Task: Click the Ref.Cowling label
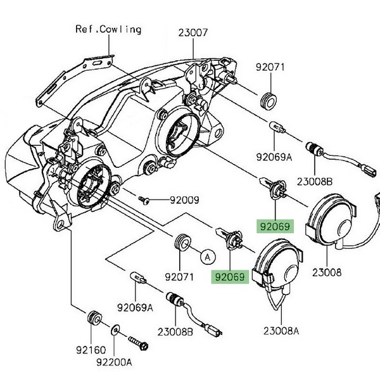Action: point(108,29)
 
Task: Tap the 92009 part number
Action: point(184,200)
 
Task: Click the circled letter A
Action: point(205,257)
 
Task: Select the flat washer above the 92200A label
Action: point(115,331)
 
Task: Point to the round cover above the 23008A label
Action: point(277,263)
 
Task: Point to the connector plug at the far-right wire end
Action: point(365,169)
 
